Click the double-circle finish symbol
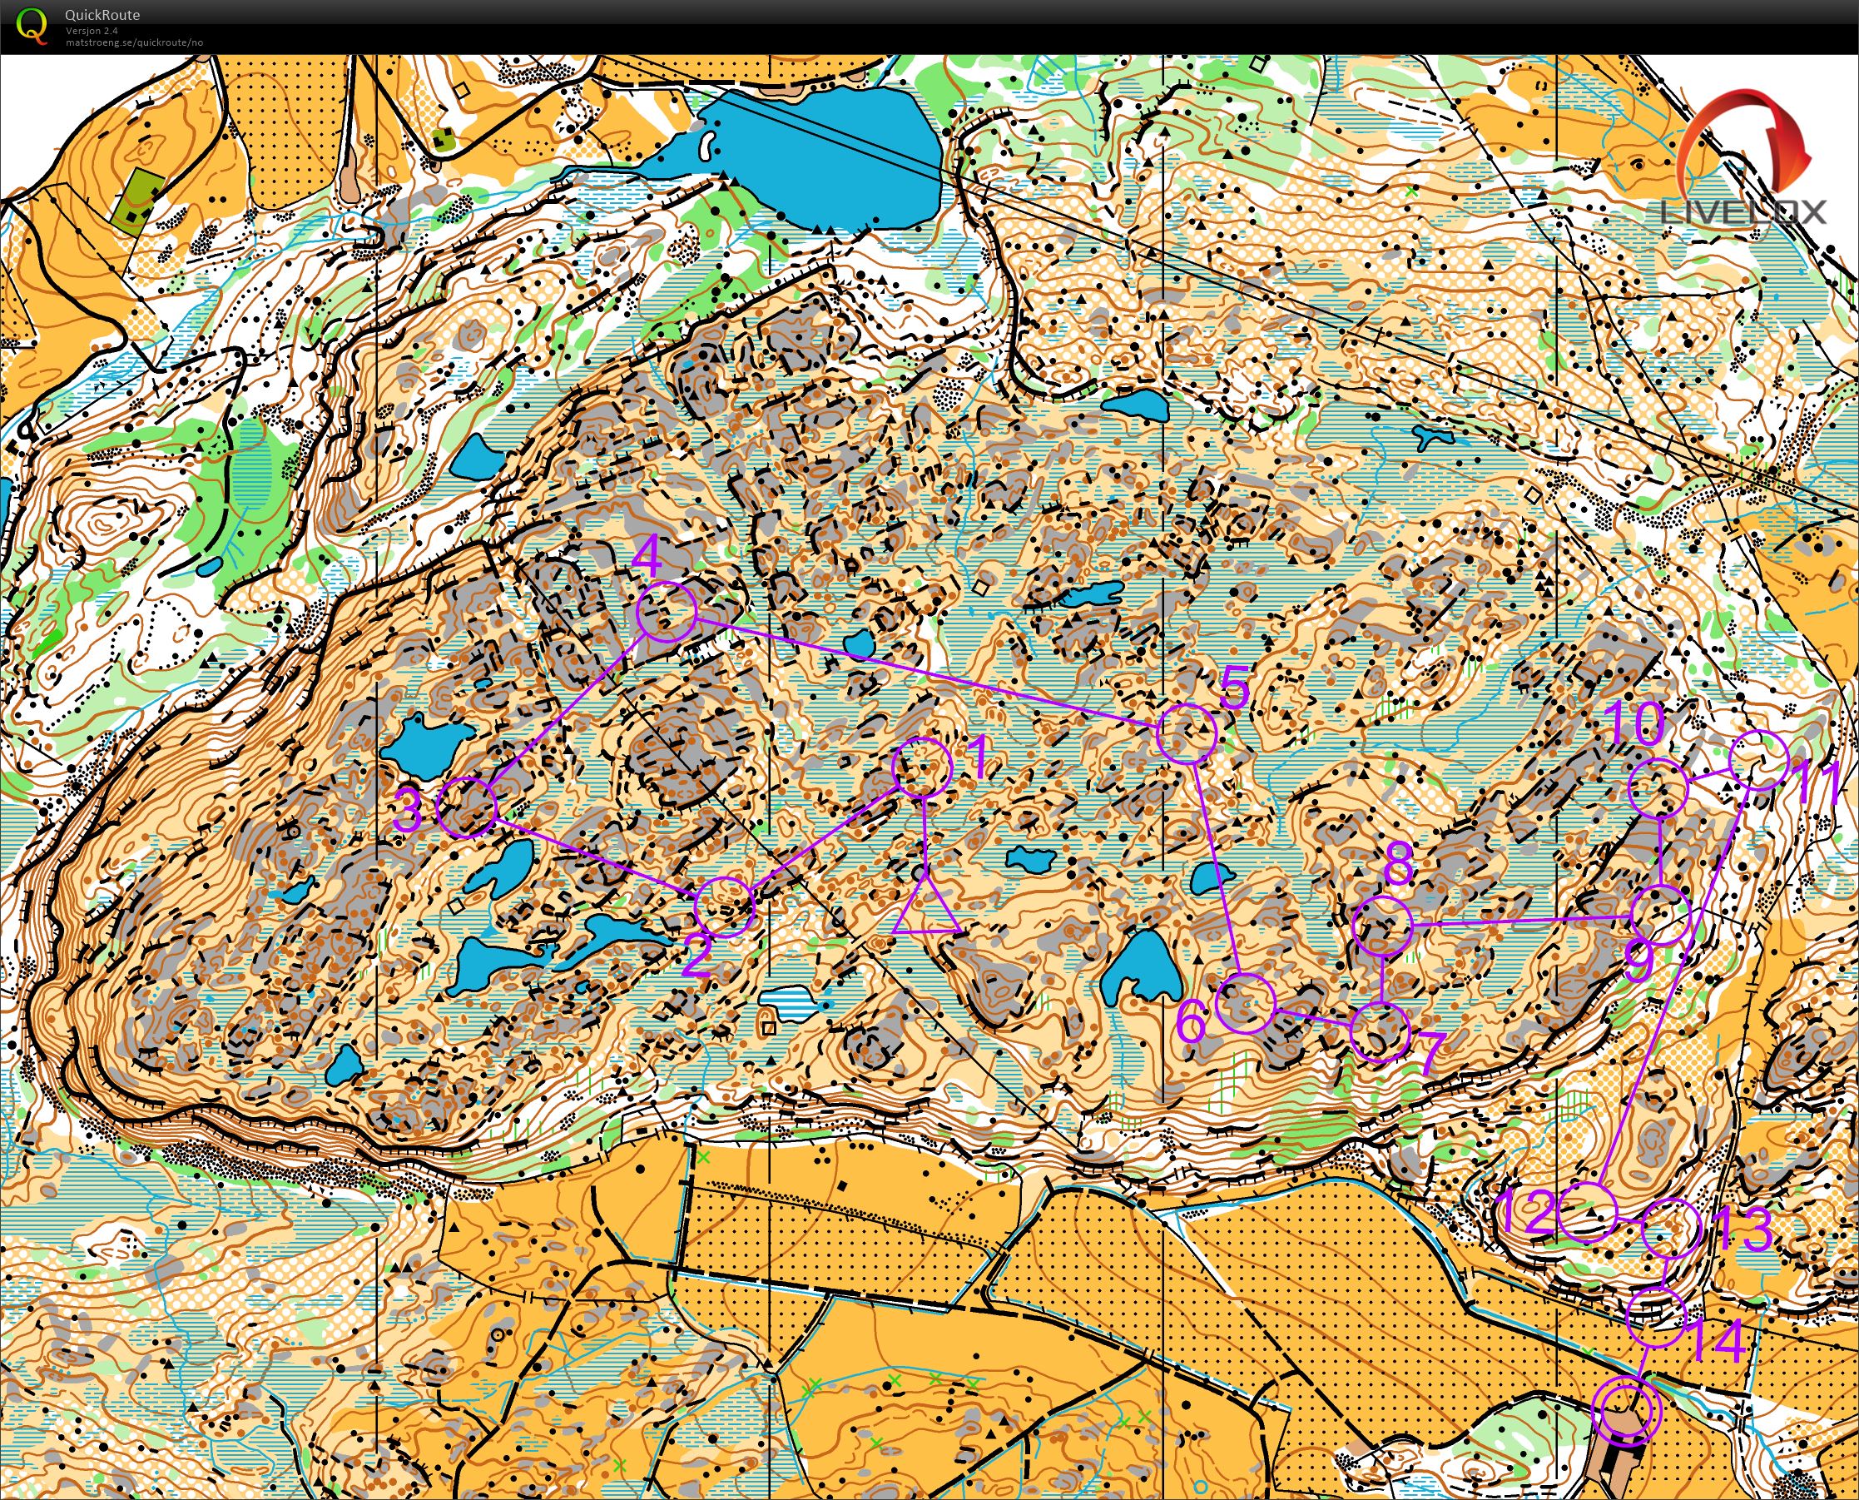[x=1626, y=1410]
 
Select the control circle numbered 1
[x=923, y=767]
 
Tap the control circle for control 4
[x=666, y=612]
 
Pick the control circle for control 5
[x=1187, y=733]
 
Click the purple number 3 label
[x=409, y=811]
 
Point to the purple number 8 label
[x=1398, y=862]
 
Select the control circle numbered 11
[x=1761, y=759]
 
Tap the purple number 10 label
[x=1636, y=723]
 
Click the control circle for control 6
[x=1245, y=1002]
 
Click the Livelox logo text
[x=1743, y=212]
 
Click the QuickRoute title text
[x=102, y=15]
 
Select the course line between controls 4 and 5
[x=925, y=672]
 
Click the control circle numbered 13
[x=1671, y=1228]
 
